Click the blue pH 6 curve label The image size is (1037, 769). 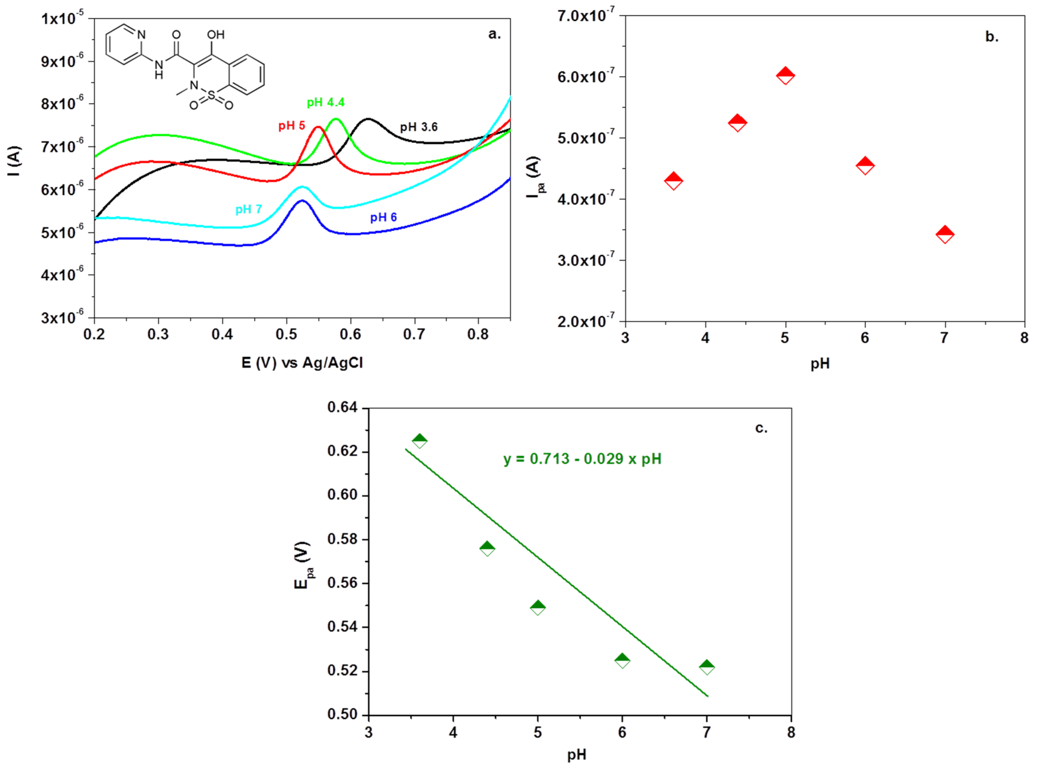[x=383, y=218]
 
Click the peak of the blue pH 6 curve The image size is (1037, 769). [x=302, y=201]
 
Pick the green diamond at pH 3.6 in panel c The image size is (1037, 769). [x=419, y=440]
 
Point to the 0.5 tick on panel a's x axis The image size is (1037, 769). [x=286, y=334]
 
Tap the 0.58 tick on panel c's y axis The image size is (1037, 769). [x=343, y=539]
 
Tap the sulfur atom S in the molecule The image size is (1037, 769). [x=211, y=95]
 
